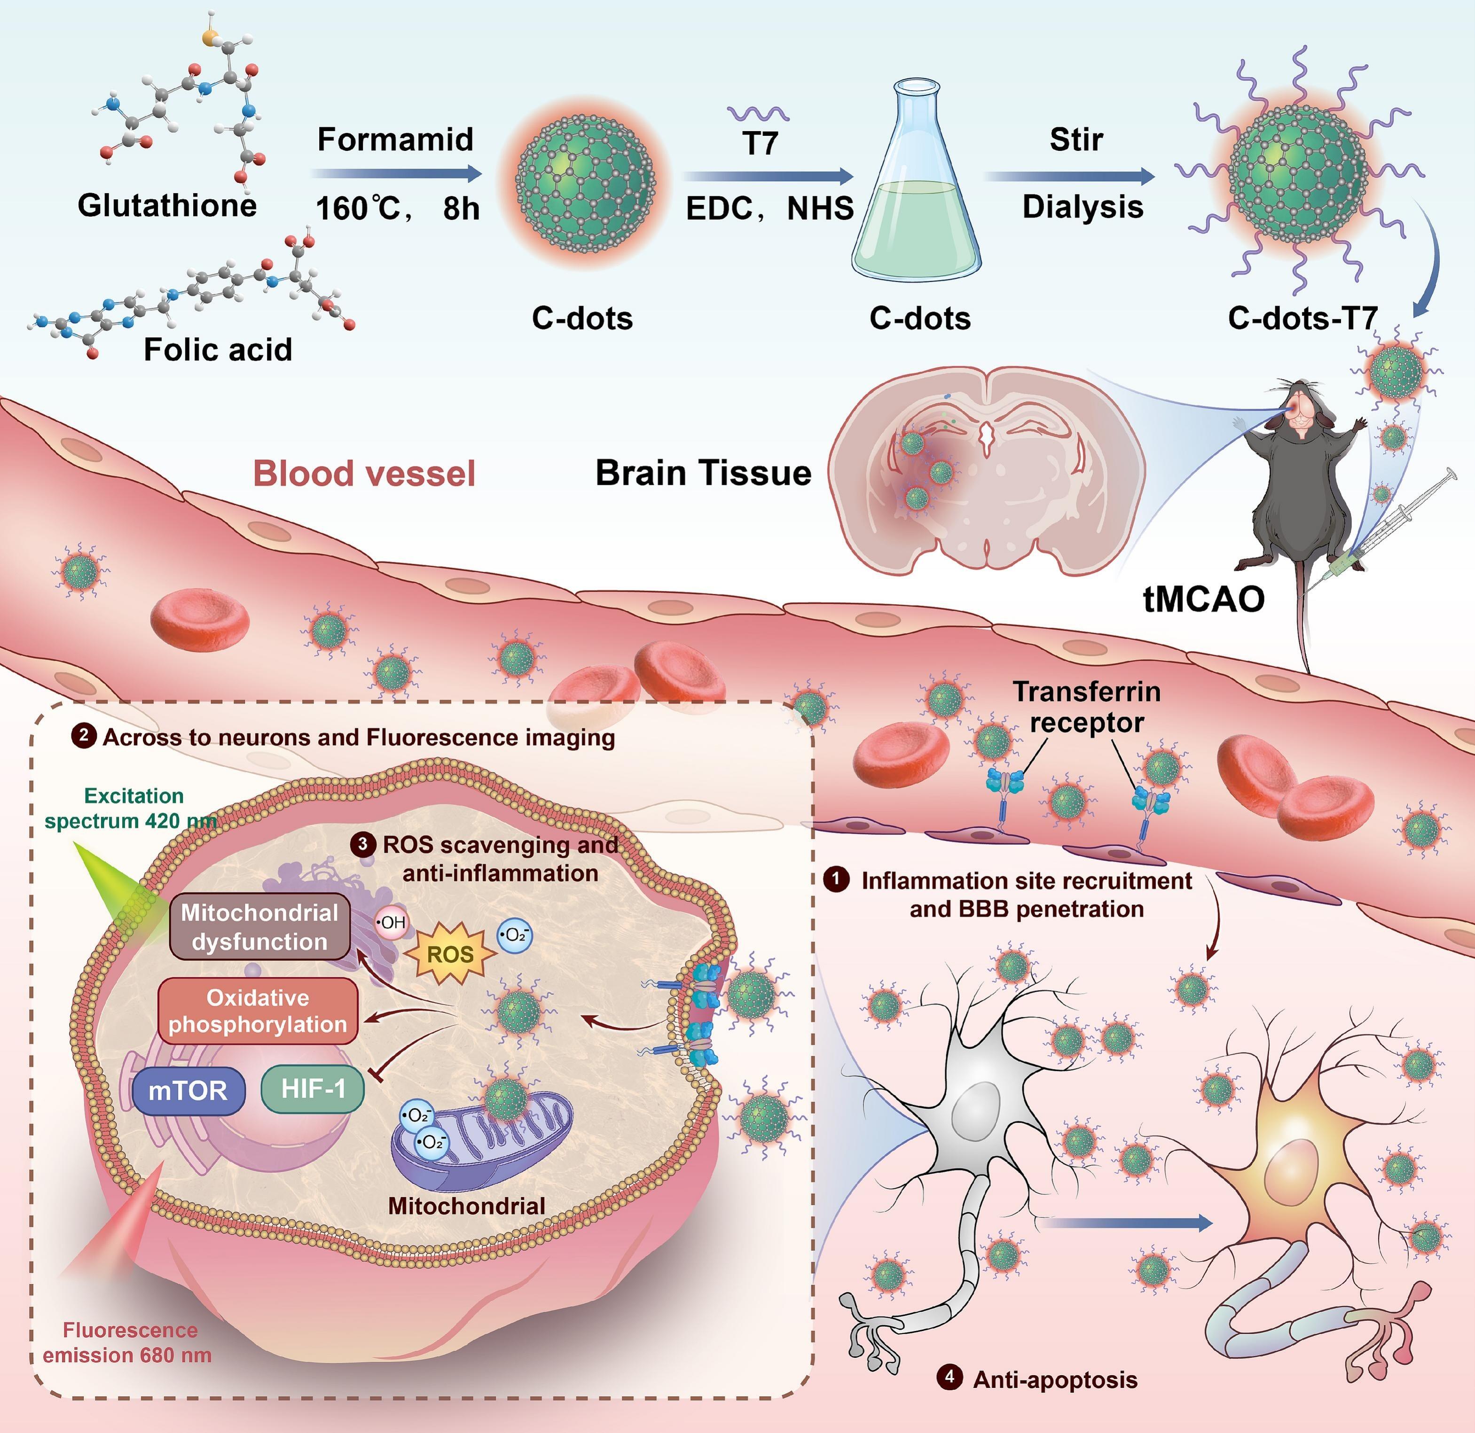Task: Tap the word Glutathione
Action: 167,205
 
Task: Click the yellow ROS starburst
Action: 450,954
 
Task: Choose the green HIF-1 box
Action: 313,1088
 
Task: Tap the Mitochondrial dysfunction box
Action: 260,927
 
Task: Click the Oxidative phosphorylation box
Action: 258,1011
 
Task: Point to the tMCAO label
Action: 1203,599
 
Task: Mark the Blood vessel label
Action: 364,474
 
